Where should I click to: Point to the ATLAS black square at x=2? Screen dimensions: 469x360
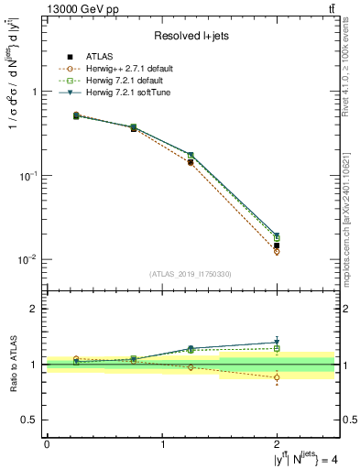[x=277, y=245]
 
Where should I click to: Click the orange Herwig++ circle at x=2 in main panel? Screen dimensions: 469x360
[x=277, y=252]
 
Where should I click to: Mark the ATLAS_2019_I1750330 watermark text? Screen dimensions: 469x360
[x=191, y=274]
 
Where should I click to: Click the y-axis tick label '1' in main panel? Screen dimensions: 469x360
[x=34, y=92]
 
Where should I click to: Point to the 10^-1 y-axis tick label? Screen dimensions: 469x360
[x=28, y=175]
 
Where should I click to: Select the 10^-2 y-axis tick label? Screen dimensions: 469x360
[x=28, y=259]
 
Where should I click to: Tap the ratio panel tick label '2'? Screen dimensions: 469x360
[x=34, y=310]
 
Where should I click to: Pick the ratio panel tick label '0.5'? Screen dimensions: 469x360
[x=29, y=420]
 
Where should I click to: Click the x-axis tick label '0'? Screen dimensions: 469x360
[x=47, y=443]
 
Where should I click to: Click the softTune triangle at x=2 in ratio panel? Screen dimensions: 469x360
[x=277, y=343]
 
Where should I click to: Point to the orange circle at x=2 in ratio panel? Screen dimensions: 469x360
[x=277, y=377]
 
